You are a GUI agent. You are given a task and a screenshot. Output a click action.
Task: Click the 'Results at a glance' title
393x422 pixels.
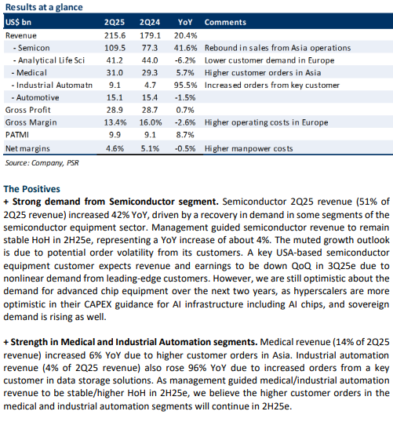pos(44,7)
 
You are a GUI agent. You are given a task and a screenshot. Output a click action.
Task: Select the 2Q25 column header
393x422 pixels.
pos(115,22)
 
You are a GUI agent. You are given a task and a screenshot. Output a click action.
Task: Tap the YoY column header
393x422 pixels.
pos(185,22)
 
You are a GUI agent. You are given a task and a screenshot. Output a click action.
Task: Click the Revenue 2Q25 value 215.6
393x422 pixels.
pos(115,35)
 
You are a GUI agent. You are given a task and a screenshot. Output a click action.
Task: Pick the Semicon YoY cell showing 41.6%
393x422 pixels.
pos(185,48)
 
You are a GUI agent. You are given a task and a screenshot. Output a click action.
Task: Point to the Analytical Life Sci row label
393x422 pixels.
pos(49,60)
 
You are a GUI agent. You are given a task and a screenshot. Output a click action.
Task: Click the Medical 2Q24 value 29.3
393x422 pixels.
pos(150,73)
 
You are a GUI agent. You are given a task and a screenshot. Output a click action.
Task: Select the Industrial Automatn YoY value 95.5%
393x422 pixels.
pos(185,85)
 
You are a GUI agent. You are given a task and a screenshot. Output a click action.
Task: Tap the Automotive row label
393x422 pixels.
pos(35,97)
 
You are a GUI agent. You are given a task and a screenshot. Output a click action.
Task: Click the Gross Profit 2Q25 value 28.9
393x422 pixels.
pos(115,110)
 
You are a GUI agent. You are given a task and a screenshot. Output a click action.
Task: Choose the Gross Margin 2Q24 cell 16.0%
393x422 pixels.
pos(151,122)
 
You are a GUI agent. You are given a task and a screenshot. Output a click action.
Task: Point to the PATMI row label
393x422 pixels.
pos(17,135)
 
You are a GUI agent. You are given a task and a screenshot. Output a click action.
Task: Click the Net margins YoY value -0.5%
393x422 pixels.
pos(185,148)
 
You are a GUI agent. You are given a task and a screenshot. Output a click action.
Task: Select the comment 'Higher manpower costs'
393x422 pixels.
pos(249,148)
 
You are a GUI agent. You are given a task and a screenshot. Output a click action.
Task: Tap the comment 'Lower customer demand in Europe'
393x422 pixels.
pos(269,60)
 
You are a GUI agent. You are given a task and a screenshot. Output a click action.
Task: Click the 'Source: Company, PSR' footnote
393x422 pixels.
pos(42,163)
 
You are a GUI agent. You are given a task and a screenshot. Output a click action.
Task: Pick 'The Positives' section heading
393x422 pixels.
pos(31,189)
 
